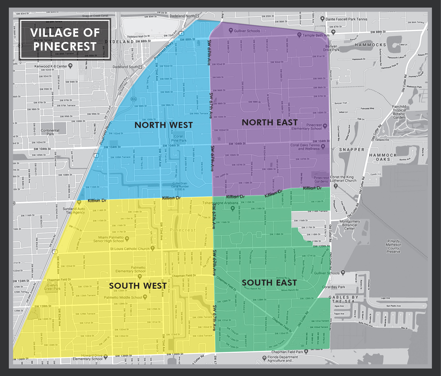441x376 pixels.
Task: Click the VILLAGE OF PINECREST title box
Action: tap(65, 39)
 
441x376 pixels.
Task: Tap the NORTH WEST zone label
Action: tap(163, 125)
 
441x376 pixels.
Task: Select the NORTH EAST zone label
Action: tap(269, 122)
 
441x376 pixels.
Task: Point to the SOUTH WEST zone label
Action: tap(138, 286)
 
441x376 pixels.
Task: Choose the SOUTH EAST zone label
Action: tap(269, 283)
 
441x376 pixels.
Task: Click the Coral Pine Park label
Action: tap(179, 138)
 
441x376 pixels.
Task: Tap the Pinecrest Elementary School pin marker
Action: tap(325, 126)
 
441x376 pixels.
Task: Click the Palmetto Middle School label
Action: tap(123, 297)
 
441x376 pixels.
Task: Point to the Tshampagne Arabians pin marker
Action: tap(233, 208)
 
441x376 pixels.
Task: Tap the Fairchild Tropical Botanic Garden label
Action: tap(399, 112)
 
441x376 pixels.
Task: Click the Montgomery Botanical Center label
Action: tap(350, 225)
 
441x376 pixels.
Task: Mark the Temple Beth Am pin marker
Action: tap(299, 35)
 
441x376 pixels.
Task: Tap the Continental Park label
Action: tap(50, 132)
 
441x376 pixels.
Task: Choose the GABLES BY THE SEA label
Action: tap(344, 299)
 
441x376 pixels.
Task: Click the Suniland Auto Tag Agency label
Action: tap(74, 211)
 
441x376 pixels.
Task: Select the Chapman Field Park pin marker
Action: tap(306, 352)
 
